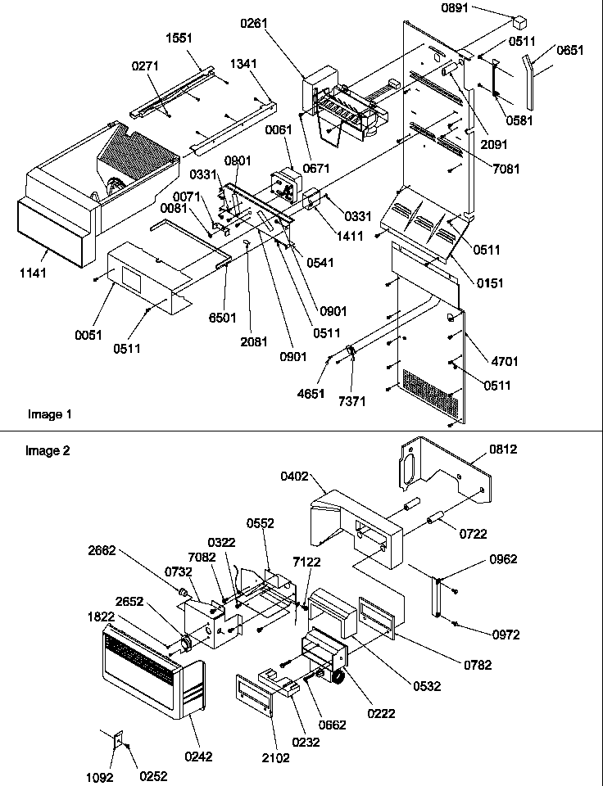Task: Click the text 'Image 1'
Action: (x=49, y=414)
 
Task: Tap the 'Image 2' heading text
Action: (x=47, y=449)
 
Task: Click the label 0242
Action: (x=198, y=757)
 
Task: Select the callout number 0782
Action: (x=476, y=665)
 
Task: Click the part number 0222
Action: (x=382, y=713)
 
